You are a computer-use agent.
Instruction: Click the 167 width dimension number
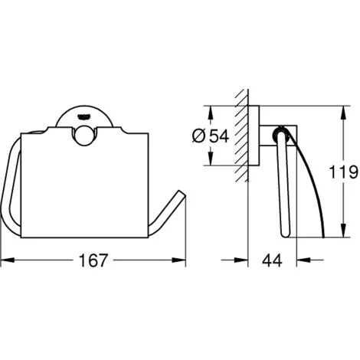tap(93, 260)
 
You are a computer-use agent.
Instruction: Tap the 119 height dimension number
tap(343, 172)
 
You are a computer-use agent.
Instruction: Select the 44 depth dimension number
tap(272, 260)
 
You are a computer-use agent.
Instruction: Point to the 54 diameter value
tap(219, 136)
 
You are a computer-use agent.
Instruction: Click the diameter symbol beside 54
tap(198, 136)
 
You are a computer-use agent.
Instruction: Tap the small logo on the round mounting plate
tap(84, 116)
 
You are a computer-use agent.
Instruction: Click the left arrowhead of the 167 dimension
tap(7, 260)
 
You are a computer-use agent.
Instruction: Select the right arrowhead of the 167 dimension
tap(178, 260)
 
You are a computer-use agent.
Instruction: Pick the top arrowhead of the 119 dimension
tap(344, 113)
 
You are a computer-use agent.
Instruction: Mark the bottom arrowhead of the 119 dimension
tap(344, 231)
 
